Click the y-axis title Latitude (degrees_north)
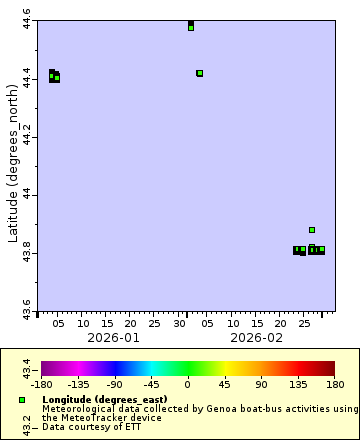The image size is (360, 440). [x=13, y=165]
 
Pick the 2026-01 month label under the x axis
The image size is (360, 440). [x=113, y=338]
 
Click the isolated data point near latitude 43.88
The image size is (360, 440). [x=312, y=230]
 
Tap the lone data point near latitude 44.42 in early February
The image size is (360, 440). [x=200, y=73]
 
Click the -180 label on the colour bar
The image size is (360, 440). [x=42, y=384]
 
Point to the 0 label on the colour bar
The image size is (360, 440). [x=187, y=384]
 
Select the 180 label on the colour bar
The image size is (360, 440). [x=334, y=384]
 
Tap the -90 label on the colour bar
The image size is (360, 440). [x=114, y=384]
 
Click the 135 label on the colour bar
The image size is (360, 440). [x=297, y=384]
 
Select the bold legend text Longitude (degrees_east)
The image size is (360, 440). [x=104, y=400]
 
